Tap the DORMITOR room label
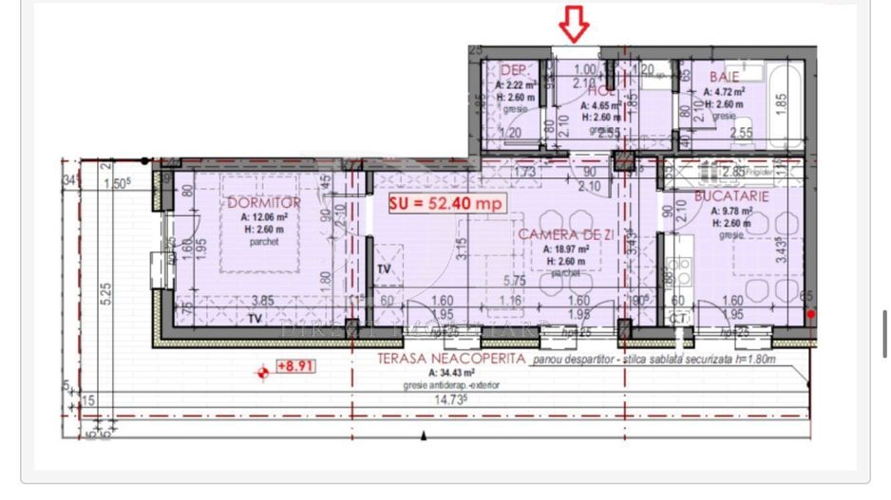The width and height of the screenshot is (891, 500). (264, 203)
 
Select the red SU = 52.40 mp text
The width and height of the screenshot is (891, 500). (445, 202)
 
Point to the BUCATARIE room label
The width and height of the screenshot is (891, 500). (730, 195)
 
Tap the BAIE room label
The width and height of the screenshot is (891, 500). (723, 76)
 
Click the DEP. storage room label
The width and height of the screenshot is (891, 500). (514, 70)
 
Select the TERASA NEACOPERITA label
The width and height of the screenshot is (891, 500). (451, 359)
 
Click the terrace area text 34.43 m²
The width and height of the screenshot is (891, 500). (423, 373)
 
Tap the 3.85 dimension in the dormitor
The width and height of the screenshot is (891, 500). (262, 301)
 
